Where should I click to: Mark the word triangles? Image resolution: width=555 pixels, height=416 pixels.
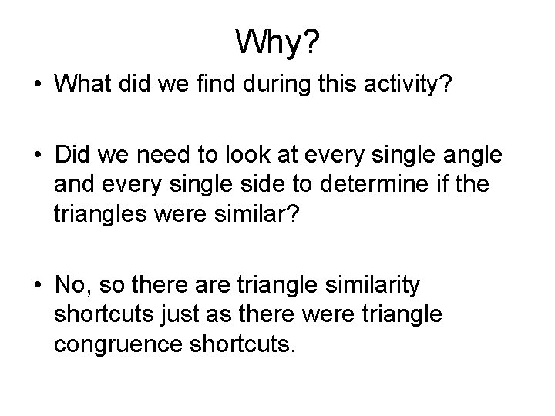pos(101,216)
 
